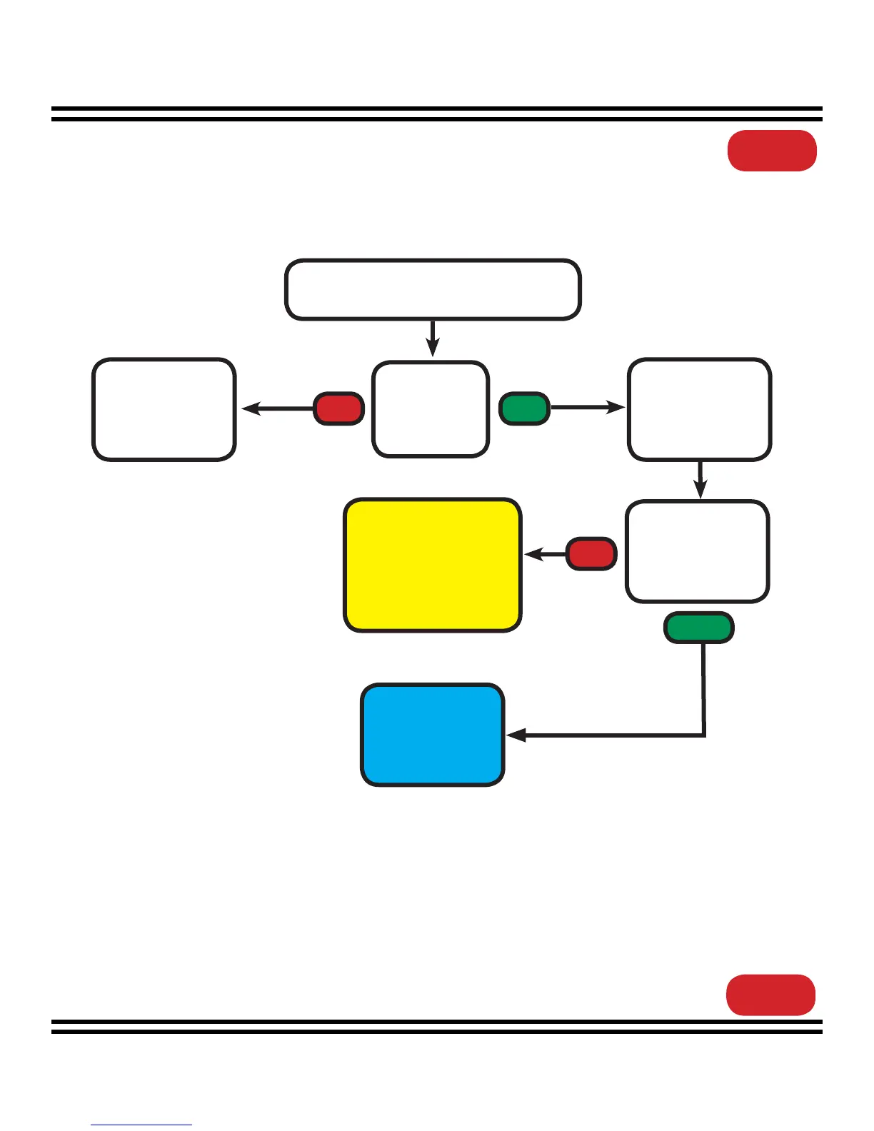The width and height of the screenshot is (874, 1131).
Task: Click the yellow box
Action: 433,565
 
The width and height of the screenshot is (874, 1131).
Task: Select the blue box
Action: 433,735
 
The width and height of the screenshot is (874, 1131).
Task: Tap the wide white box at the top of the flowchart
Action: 433,289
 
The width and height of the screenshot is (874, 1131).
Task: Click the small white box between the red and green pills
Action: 431,408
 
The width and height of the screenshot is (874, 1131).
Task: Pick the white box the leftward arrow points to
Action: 164,409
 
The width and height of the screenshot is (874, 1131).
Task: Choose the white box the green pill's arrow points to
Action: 699,409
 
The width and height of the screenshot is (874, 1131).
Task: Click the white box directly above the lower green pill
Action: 698,551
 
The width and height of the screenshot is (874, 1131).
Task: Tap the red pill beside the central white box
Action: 338,408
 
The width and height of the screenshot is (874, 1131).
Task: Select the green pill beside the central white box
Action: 524,408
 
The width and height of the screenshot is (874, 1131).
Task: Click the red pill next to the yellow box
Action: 591,554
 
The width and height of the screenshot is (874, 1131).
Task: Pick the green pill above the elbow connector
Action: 699,628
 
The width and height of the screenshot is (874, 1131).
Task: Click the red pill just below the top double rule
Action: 772,151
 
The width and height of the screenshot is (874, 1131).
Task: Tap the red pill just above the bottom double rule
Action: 770,995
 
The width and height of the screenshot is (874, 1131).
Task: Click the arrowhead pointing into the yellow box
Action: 533,554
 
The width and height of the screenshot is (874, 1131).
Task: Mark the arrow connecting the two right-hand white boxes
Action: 700,480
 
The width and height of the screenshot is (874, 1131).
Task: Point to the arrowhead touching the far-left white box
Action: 250,409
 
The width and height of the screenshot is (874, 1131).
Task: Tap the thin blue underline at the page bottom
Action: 141,1125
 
